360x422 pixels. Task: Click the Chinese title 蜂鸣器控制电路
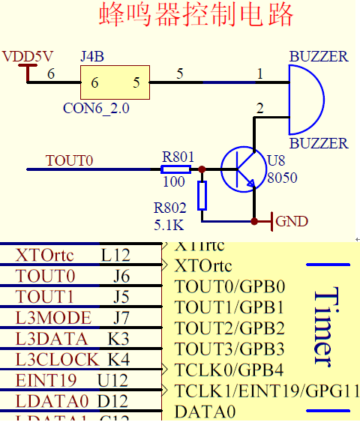click(x=197, y=15)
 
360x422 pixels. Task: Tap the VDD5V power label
click(x=28, y=56)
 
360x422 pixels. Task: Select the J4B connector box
click(x=115, y=82)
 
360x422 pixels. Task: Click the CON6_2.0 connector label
click(x=96, y=108)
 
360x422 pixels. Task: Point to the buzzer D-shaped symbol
click(x=305, y=99)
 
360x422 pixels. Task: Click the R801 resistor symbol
click(x=178, y=169)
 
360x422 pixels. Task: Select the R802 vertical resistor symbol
click(x=201, y=196)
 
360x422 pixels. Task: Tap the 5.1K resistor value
click(x=169, y=223)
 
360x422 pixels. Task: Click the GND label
click(x=292, y=221)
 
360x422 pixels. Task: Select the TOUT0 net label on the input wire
click(x=69, y=160)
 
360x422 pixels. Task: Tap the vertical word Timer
click(x=322, y=328)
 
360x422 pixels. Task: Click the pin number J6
click(x=121, y=277)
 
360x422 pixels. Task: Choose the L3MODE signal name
click(x=53, y=317)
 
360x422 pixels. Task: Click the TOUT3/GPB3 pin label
click(x=229, y=349)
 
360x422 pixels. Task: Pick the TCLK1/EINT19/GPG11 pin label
click(x=266, y=391)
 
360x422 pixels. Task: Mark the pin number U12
click(x=112, y=380)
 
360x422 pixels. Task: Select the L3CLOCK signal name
click(x=57, y=359)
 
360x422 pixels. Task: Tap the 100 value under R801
click(x=173, y=181)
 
